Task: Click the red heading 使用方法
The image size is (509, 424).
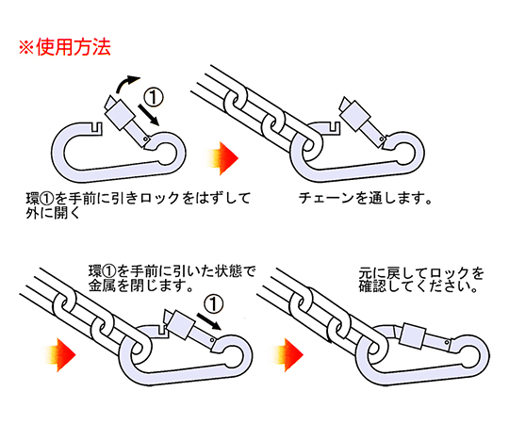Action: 74,47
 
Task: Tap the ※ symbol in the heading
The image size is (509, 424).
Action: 26,48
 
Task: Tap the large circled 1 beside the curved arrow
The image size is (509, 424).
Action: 154,97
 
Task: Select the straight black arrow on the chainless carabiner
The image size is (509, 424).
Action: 149,115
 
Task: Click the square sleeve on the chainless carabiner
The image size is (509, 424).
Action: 119,115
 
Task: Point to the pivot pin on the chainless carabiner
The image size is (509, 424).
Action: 146,139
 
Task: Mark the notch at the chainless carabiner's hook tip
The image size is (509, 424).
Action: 97,127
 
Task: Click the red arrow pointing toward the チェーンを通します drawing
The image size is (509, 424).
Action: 223,158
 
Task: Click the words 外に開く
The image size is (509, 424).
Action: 53,213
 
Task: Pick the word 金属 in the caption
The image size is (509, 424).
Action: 102,285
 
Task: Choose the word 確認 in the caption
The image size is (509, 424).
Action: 372,286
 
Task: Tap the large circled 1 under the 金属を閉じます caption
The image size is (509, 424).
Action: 214,304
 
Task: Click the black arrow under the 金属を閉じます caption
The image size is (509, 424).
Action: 209,321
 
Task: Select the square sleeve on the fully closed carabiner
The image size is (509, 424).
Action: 412,335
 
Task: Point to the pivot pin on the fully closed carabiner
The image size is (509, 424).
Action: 448,343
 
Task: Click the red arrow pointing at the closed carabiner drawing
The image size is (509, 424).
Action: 288,355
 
